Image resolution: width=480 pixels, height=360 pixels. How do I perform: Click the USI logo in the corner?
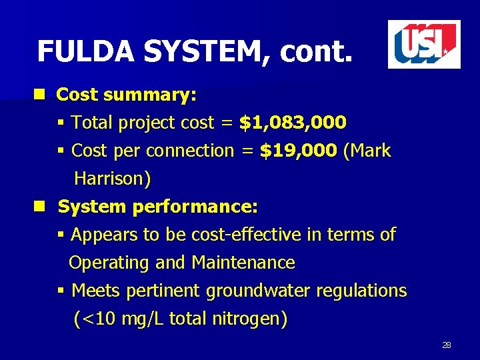click(x=424, y=44)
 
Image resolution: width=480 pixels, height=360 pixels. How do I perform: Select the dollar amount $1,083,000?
click(x=293, y=123)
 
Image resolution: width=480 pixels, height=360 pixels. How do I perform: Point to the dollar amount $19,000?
click(x=298, y=151)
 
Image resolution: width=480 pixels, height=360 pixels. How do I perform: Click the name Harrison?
click(x=113, y=179)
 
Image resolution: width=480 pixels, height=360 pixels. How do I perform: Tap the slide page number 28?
click(x=447, y=345)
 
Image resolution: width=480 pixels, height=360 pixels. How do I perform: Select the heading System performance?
click(x=158, y=207)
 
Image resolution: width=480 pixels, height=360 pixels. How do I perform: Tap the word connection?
click(x=190, y=151)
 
